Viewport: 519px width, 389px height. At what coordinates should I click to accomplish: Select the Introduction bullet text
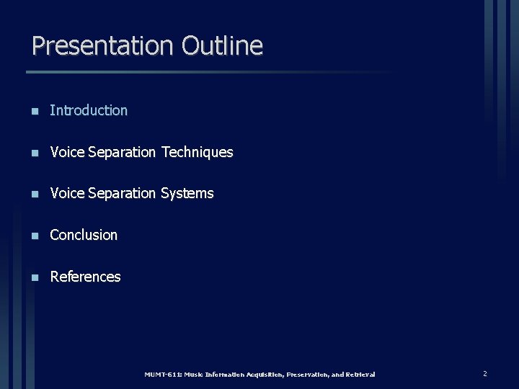pyautogui.click(x=89, y=110)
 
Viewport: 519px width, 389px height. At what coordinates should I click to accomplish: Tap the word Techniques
pyautogui.click(x=197, y=152)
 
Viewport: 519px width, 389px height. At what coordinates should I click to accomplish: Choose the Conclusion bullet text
pyautogui.click(x=84, y=235)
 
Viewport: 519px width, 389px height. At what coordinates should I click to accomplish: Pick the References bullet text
pyautogui.click(x=85, y=277)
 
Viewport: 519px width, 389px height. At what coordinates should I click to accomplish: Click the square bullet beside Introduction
pyautogui.click(x=33, y=111)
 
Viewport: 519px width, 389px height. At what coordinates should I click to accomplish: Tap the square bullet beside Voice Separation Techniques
pyautogui.click(x=33, y=153)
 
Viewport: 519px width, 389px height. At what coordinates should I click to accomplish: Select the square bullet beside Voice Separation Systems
pyautogui.click(x=33, y=194)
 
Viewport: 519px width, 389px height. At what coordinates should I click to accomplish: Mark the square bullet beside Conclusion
pyautogui.click(x=33, y=236)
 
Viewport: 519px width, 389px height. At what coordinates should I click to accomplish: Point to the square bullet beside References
pyautogui.click(x=33, y=277)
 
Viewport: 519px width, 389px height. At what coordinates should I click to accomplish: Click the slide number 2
pyautogui.click(x=484, y=374)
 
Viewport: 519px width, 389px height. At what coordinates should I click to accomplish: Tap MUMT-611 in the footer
pyautogui.click(x=162, y=375)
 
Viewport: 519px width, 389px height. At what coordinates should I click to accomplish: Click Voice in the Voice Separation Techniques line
pyautogui.click(x=67, y=152)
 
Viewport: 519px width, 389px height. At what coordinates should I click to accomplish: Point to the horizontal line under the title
pyautogui.click(x=209, y=72)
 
